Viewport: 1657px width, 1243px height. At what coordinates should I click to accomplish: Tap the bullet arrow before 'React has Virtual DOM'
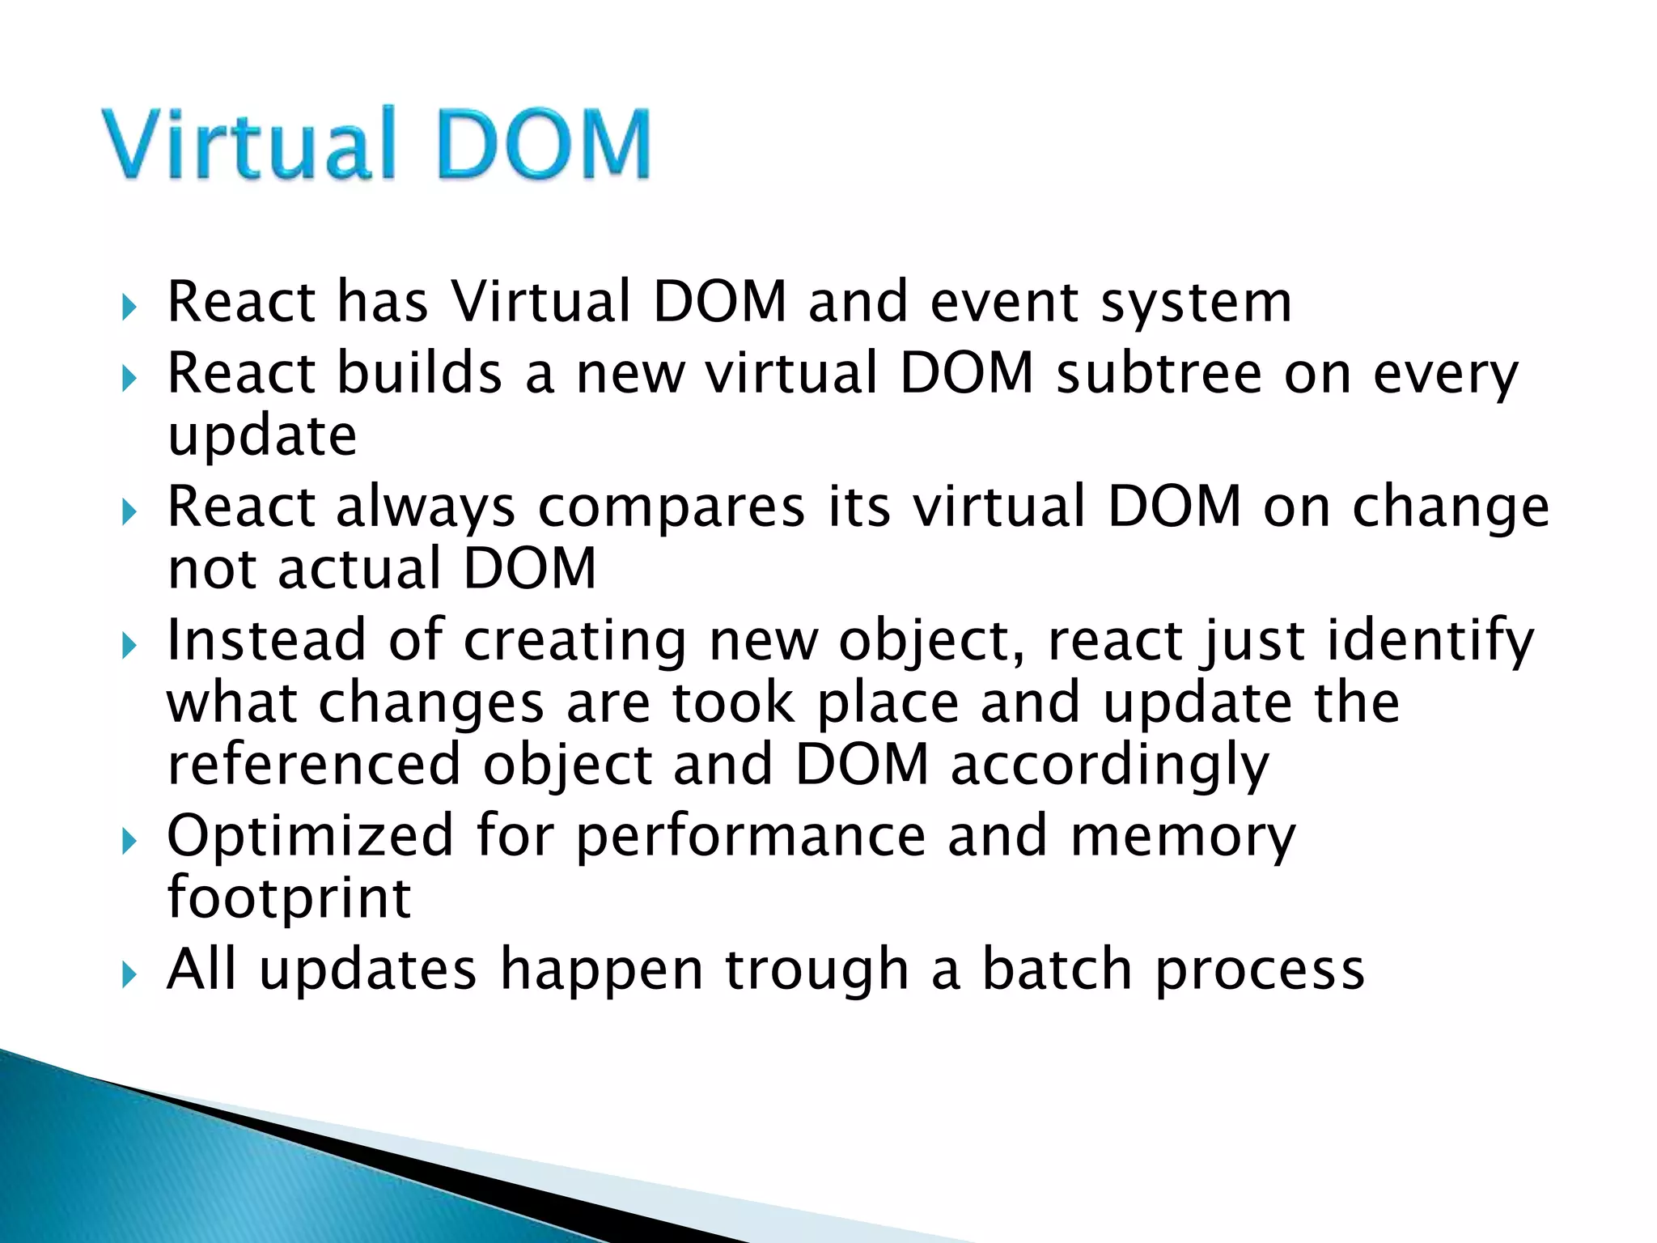click(129, 307)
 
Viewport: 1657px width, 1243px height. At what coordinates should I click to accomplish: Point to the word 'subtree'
click(1159, 374)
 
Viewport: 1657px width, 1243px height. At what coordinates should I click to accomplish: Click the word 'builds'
click(419, 374)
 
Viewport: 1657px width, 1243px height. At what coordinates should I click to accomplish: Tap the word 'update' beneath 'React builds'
click(261, 438)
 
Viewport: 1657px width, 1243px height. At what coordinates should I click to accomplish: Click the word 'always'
click(426, 508)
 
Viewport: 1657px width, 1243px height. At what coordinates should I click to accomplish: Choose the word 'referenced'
click(314, 765)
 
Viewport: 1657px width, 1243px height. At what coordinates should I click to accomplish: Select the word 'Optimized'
click(310, 837)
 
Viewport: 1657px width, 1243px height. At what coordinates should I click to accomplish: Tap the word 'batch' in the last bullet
click(1056, 969)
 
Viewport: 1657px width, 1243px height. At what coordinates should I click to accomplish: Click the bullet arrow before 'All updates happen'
click(129, 975)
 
